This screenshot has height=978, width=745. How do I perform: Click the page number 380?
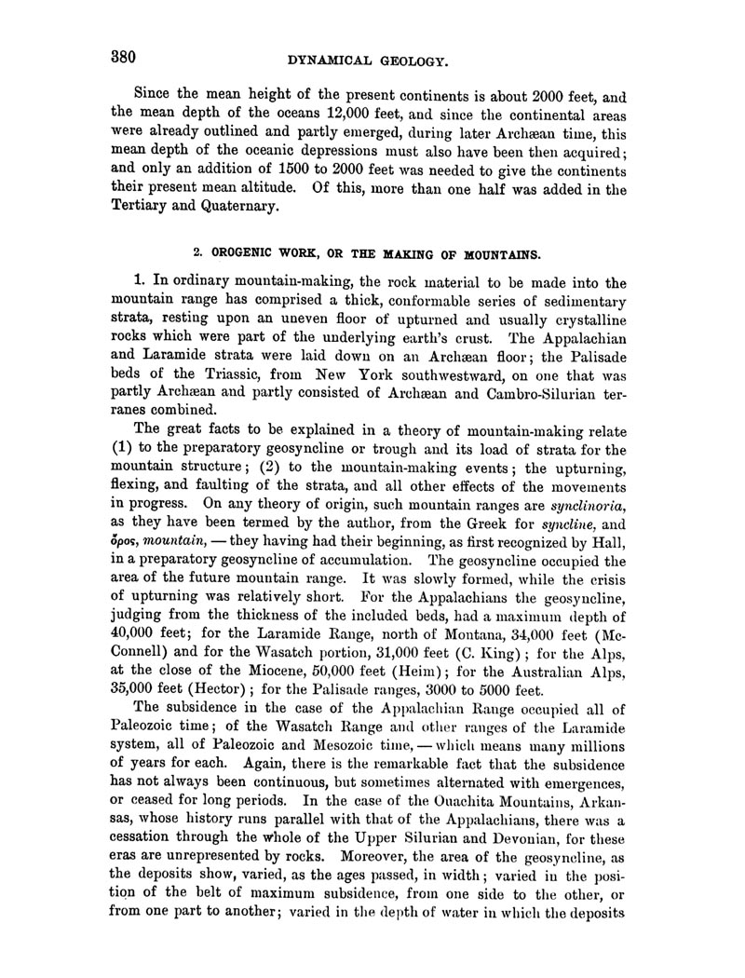click(x=119, y=56)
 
